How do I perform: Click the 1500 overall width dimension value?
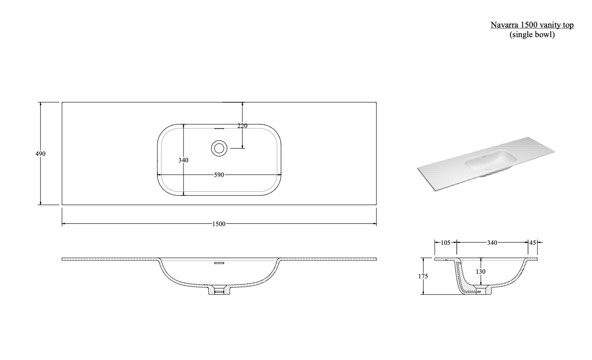point(219,224)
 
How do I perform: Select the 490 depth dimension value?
point(40,154)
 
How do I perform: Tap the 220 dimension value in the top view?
point(242,126)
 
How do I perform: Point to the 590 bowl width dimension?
point(219,175)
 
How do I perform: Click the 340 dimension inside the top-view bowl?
point(183,160)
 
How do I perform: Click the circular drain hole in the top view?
point(219,148)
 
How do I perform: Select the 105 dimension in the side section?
point(445,243)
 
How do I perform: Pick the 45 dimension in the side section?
point(532,243)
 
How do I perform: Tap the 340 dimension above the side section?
point(492,243)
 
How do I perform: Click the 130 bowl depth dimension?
point(480,271)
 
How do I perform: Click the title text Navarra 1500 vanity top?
point(532,25)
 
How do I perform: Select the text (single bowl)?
point(532,34)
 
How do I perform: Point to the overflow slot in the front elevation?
point(219,263)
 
